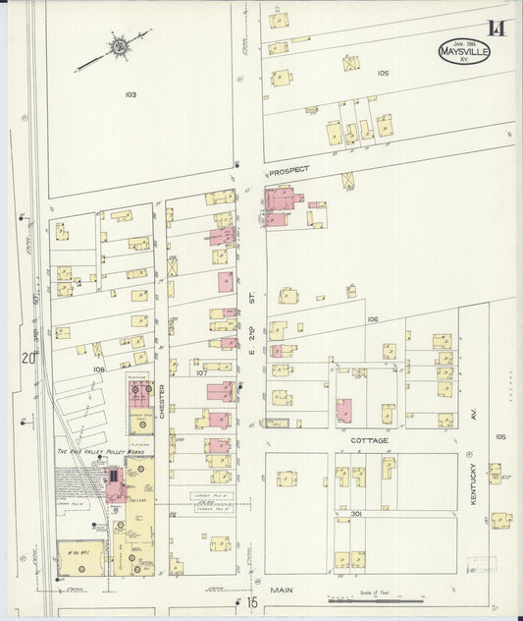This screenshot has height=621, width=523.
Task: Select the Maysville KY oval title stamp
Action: (x=464, y=51)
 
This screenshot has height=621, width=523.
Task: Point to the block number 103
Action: (x=131, y=94)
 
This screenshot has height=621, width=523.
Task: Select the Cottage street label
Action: (x=370, y=440)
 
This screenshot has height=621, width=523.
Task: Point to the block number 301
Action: (x=355, y=513)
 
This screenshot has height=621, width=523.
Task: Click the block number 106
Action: (x=372, y=319)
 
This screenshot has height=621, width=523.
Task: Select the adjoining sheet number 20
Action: (x=30, y=358)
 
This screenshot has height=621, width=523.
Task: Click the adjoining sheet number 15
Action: (x=251, y=600)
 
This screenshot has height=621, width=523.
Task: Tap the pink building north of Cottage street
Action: (x=343, y=411)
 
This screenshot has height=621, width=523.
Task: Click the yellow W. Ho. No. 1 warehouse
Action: (x=81, y=557)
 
